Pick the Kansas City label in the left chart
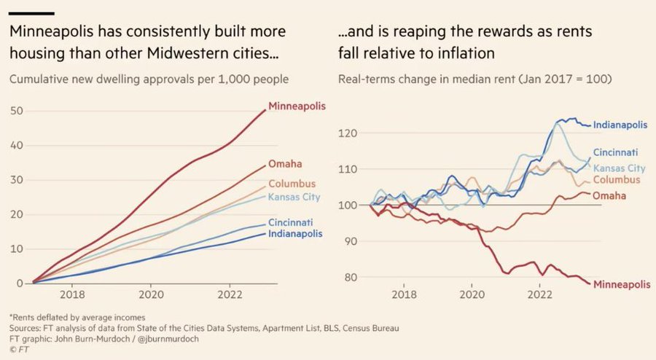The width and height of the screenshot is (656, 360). coord(294,197)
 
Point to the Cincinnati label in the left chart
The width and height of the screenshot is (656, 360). coord(293,222)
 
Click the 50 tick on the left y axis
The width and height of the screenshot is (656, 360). coord(15,110)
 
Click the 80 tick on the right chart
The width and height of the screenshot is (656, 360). coord(349,277)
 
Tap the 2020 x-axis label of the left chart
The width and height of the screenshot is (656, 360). coord(151,297)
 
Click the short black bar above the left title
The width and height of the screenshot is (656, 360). coord(33,13)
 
